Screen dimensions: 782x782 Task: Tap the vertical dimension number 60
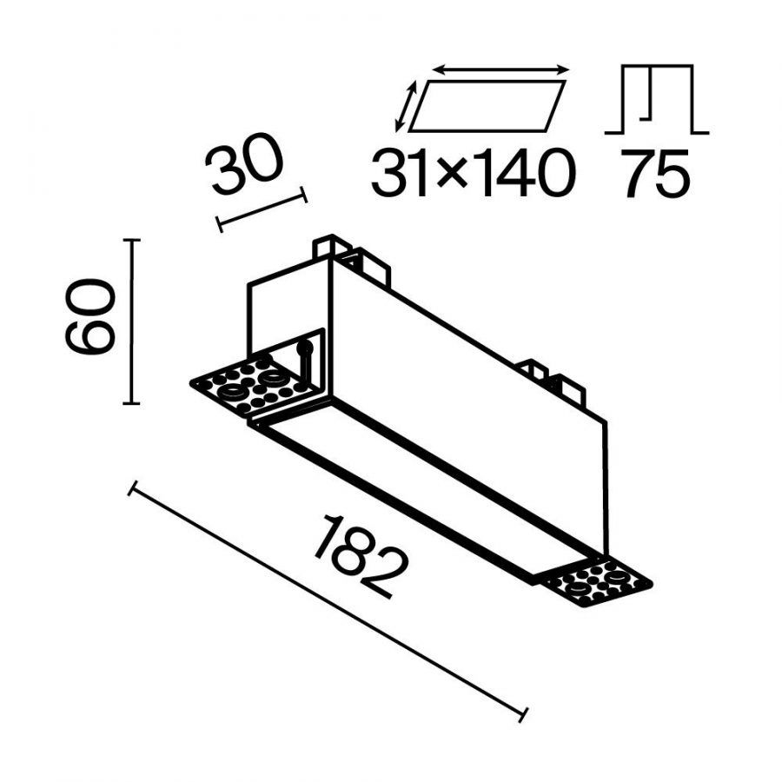pos(90,316)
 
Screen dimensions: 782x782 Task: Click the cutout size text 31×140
pos(474,173)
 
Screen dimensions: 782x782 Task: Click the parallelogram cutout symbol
pos(487,106)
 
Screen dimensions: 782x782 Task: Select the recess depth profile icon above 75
pos(656,99)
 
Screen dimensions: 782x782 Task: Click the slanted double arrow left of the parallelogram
pos(406,107)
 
